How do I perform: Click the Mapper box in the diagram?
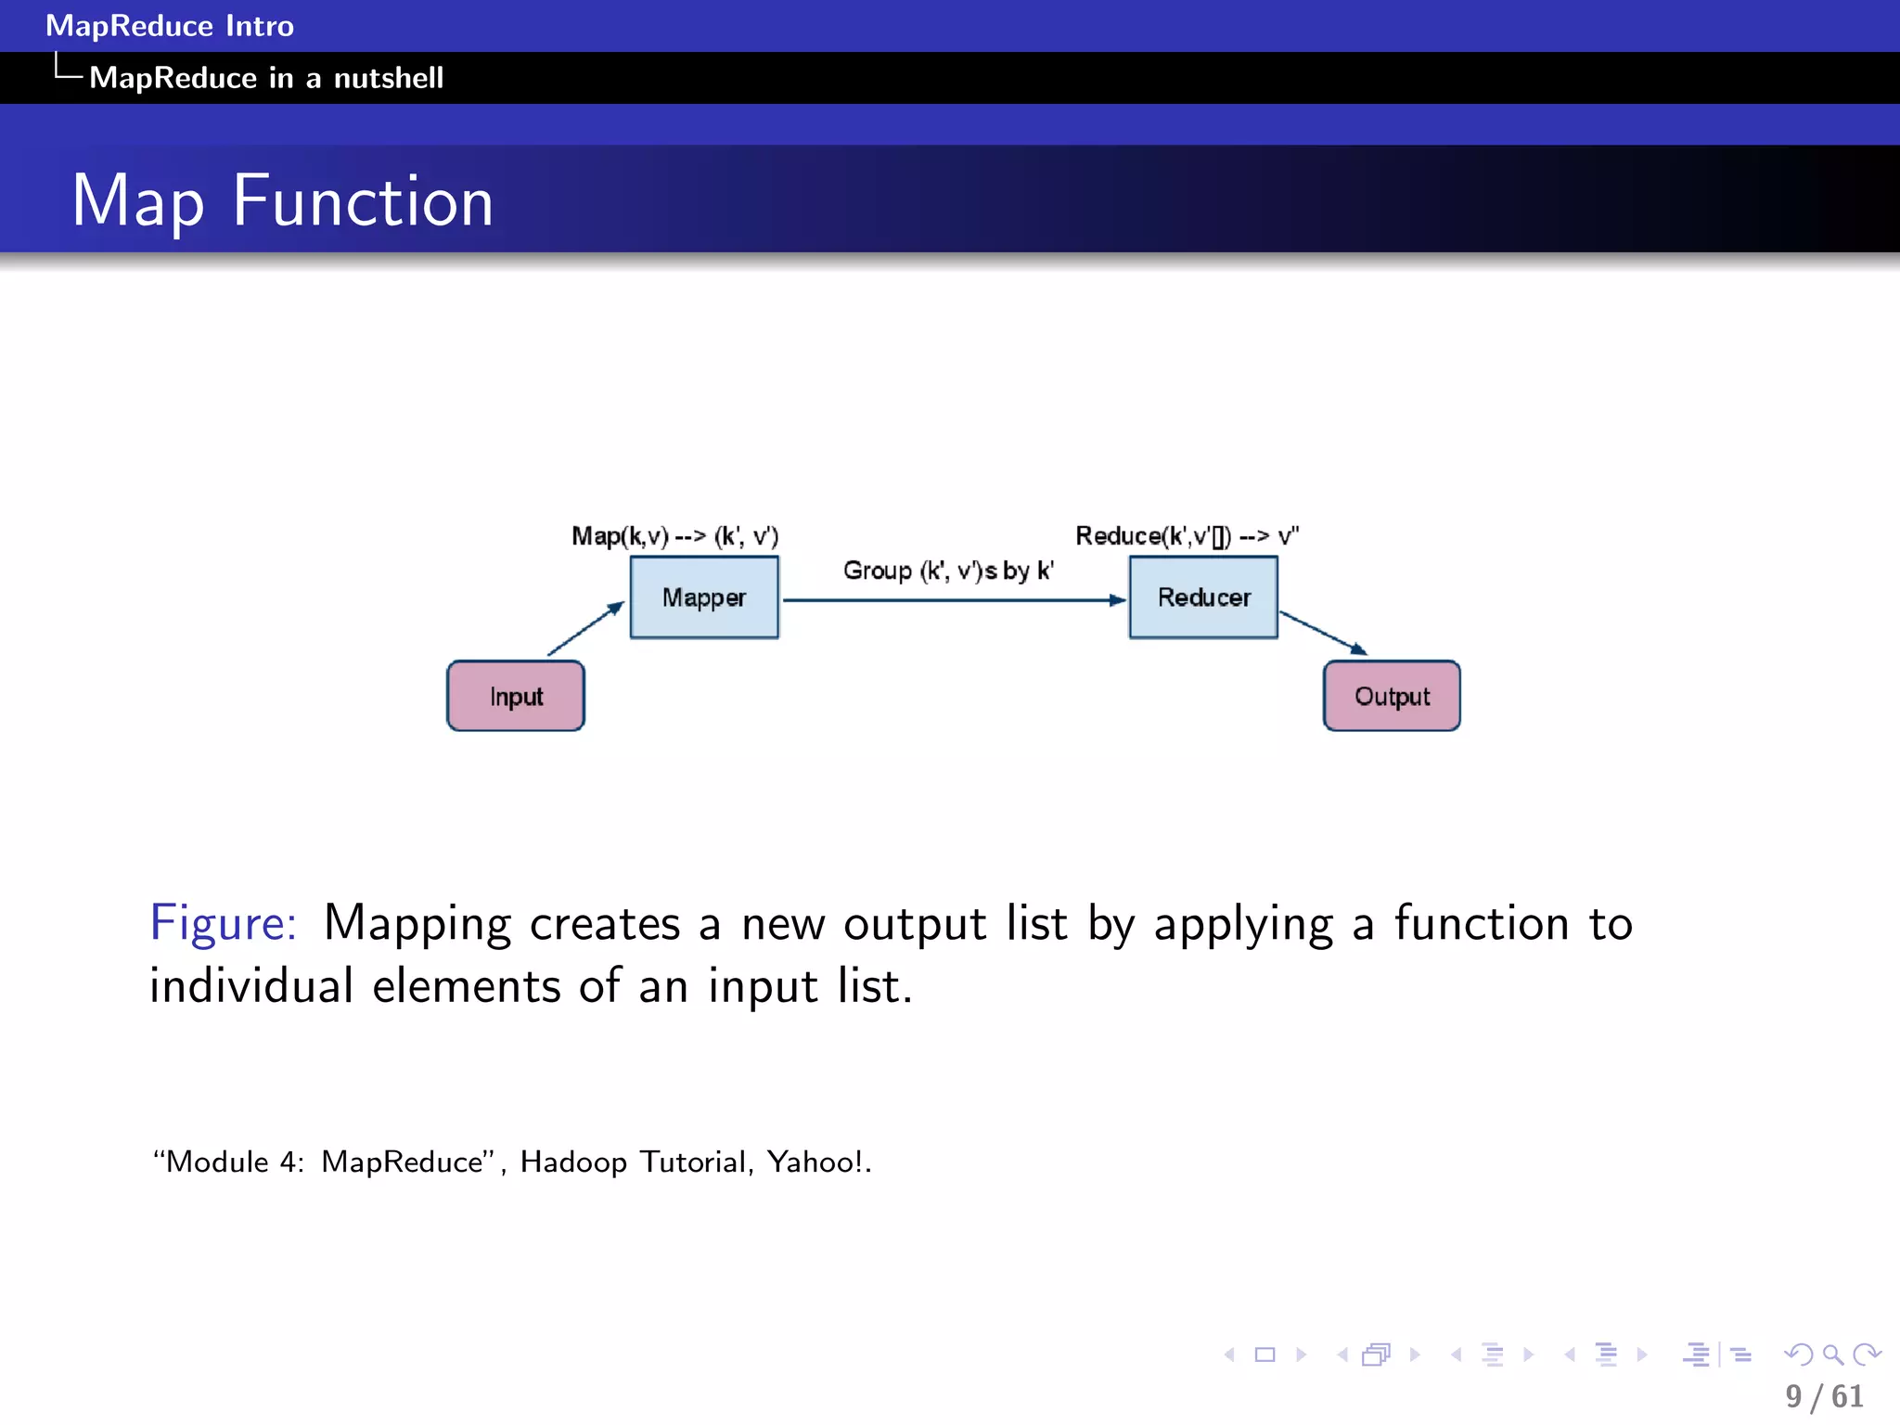click(x=704, y=597)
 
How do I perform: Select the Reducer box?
click(x=1203, y=597)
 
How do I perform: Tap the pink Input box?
click(x=516, y=697)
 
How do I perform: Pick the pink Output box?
click(x=1392, y=697)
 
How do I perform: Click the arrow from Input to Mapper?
click(x=584, y=630)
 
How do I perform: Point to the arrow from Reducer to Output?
click(x=1322, y=633)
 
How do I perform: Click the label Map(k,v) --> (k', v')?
click(x=674, y=536)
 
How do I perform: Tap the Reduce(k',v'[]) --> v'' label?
click(x=1187, y=536)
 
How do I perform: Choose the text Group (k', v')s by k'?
click(x=948, y=571)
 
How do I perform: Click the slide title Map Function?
click(x=282, y=201)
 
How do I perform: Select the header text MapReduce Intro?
click(x=170, y=26)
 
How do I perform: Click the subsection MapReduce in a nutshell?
click(x=266, y=78)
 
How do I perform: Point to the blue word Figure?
click(x=224, y=924)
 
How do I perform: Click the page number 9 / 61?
click(x=1824, y=1396)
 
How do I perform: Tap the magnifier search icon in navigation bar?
click(x=1832, y=1355)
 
